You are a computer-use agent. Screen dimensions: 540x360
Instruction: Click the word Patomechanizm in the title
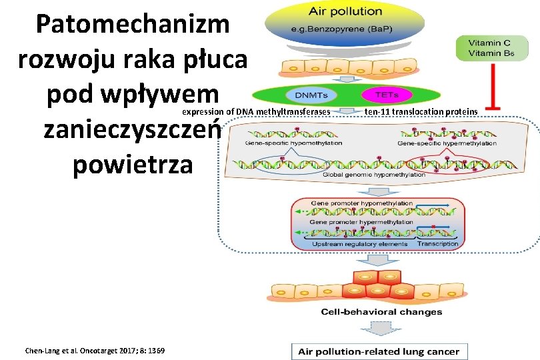(x=133, y=25)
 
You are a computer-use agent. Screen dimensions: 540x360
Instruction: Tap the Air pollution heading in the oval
(x=344, y=11)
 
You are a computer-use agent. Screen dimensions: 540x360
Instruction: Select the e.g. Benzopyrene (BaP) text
(x=344, y=29)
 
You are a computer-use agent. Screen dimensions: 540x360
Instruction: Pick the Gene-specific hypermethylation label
(x=447, y=143)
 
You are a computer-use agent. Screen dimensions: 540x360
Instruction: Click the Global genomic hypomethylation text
(x=373, y=175)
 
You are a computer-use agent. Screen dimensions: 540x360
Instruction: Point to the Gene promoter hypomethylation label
(x=361, y=203)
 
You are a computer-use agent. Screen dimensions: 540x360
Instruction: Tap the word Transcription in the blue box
(x=437, y=243)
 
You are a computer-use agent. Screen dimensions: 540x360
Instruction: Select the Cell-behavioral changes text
(x=381, y=311)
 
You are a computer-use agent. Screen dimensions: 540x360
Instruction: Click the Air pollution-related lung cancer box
(x=379, y=351)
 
